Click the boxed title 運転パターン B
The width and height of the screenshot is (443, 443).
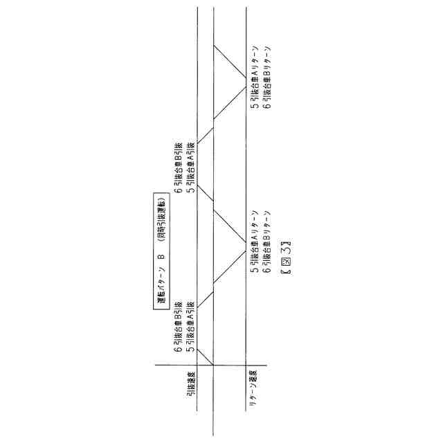pos(161,251)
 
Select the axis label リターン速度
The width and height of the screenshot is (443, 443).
pos(254,395)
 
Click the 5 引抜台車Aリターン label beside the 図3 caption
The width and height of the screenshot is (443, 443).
pos(255,242)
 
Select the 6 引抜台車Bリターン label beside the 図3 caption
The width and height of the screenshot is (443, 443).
pos(266,242)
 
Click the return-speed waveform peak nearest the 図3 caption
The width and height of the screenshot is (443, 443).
pos(246,242)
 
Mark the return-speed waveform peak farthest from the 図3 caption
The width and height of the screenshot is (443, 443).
pos(246,76)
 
